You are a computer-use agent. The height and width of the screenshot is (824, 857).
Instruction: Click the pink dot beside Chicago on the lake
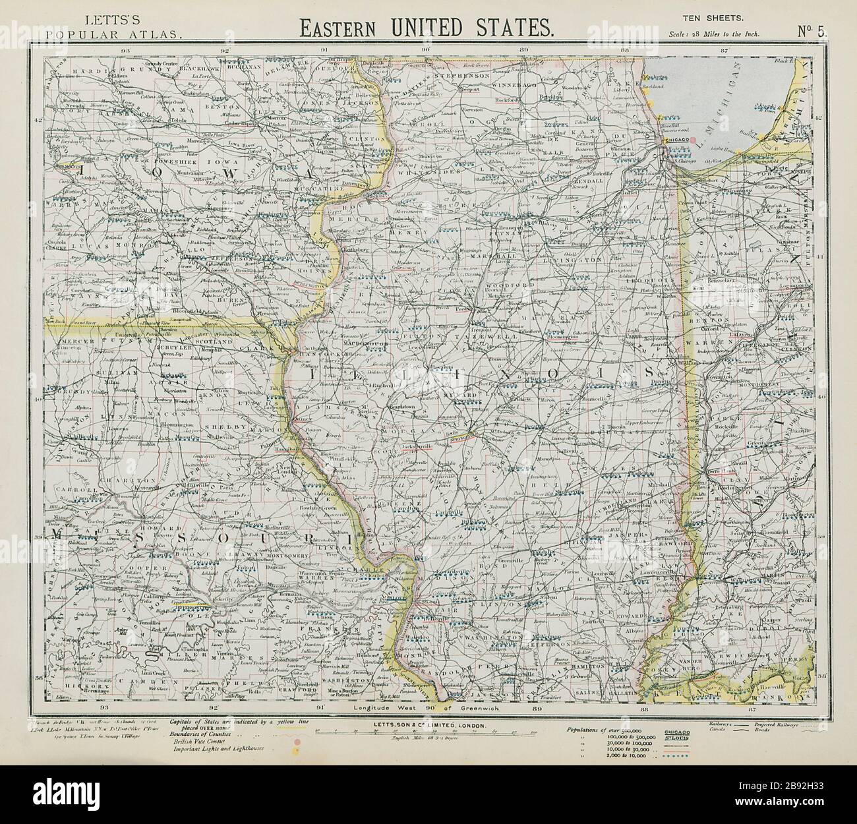click(x=694, y=140)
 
